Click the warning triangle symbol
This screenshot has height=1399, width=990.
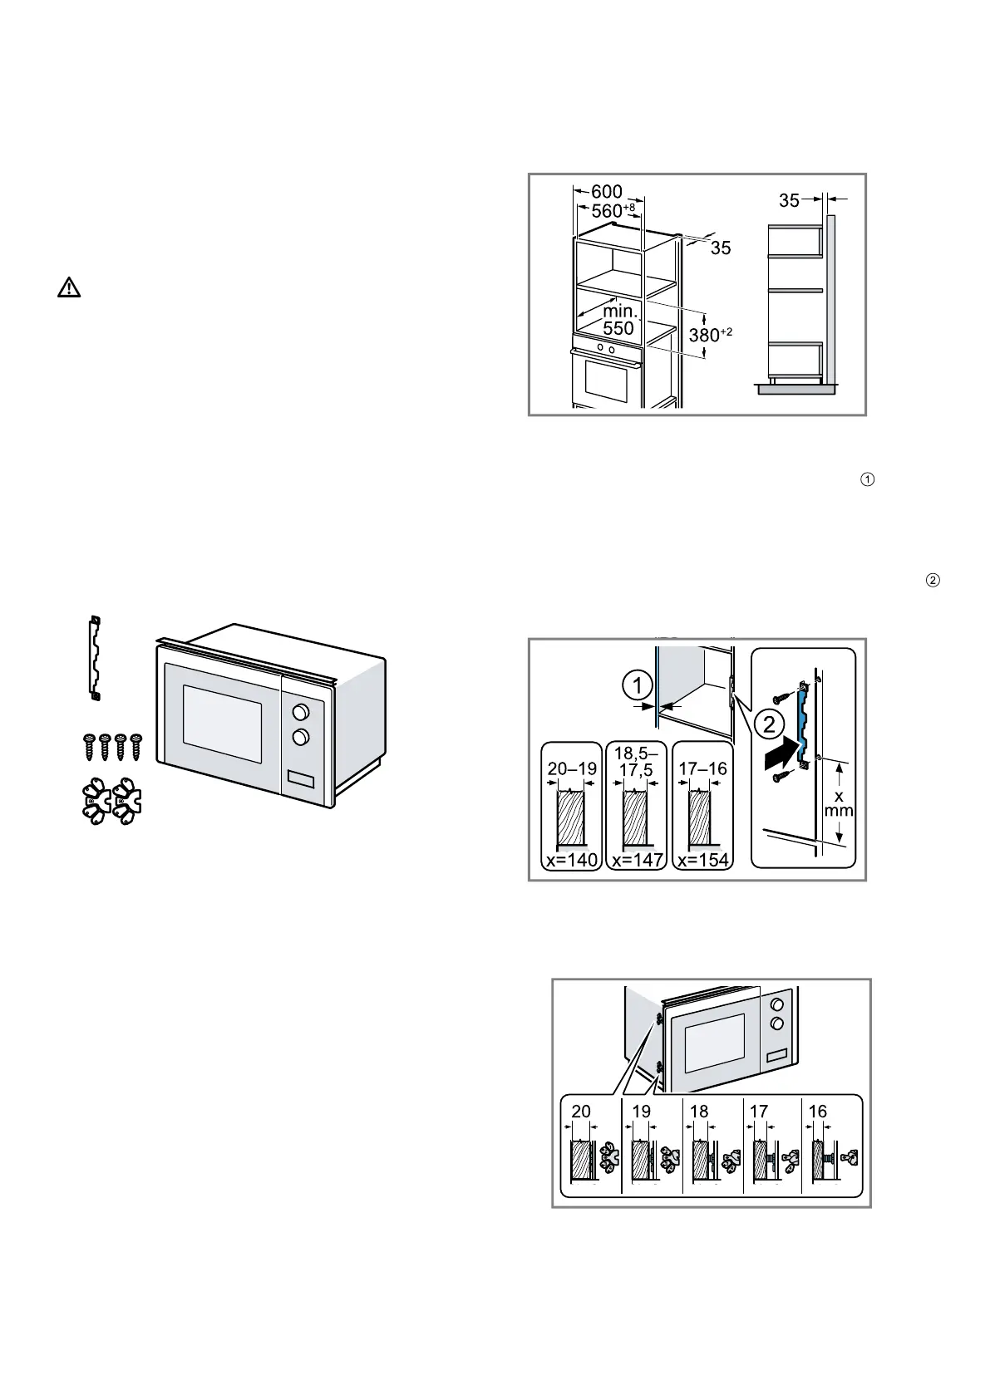point(69,288)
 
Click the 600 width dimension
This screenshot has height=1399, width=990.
point(607,192)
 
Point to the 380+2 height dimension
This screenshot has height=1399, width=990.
point(710,336)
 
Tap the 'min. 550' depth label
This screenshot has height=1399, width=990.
point(619,320)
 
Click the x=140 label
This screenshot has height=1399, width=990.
point(572,860)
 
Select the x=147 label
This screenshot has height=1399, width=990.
point(637,860)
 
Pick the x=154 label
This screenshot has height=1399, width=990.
point(702,860)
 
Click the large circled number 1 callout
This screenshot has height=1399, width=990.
point(638,687)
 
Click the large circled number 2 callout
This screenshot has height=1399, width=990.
point(769,724)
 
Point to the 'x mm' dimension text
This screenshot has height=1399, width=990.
point(839,803)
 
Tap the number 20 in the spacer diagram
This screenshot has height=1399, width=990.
point(581,1112)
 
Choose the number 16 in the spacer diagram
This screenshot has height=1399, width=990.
point(818,1112)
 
